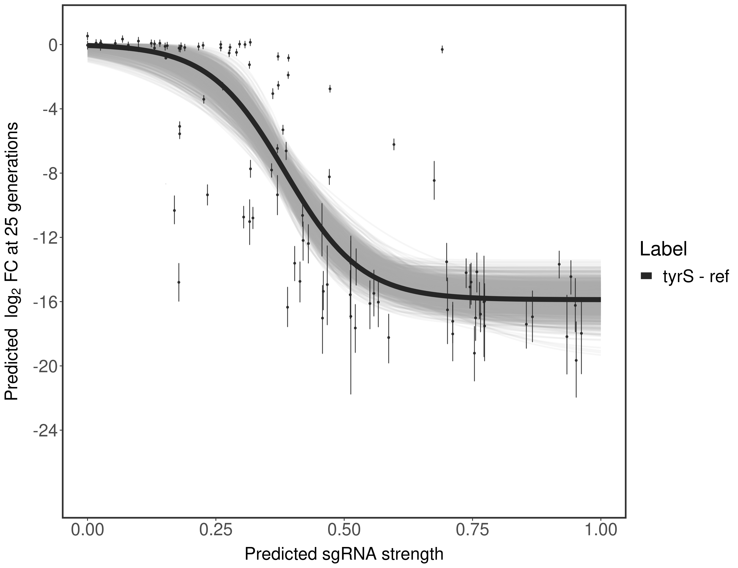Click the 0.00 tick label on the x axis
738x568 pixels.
87,530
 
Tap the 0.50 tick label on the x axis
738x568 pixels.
344,530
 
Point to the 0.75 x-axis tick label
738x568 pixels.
472,530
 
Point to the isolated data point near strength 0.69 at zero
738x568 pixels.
442,49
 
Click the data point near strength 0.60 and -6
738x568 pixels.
394,144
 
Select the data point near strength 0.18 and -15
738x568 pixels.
179,282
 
